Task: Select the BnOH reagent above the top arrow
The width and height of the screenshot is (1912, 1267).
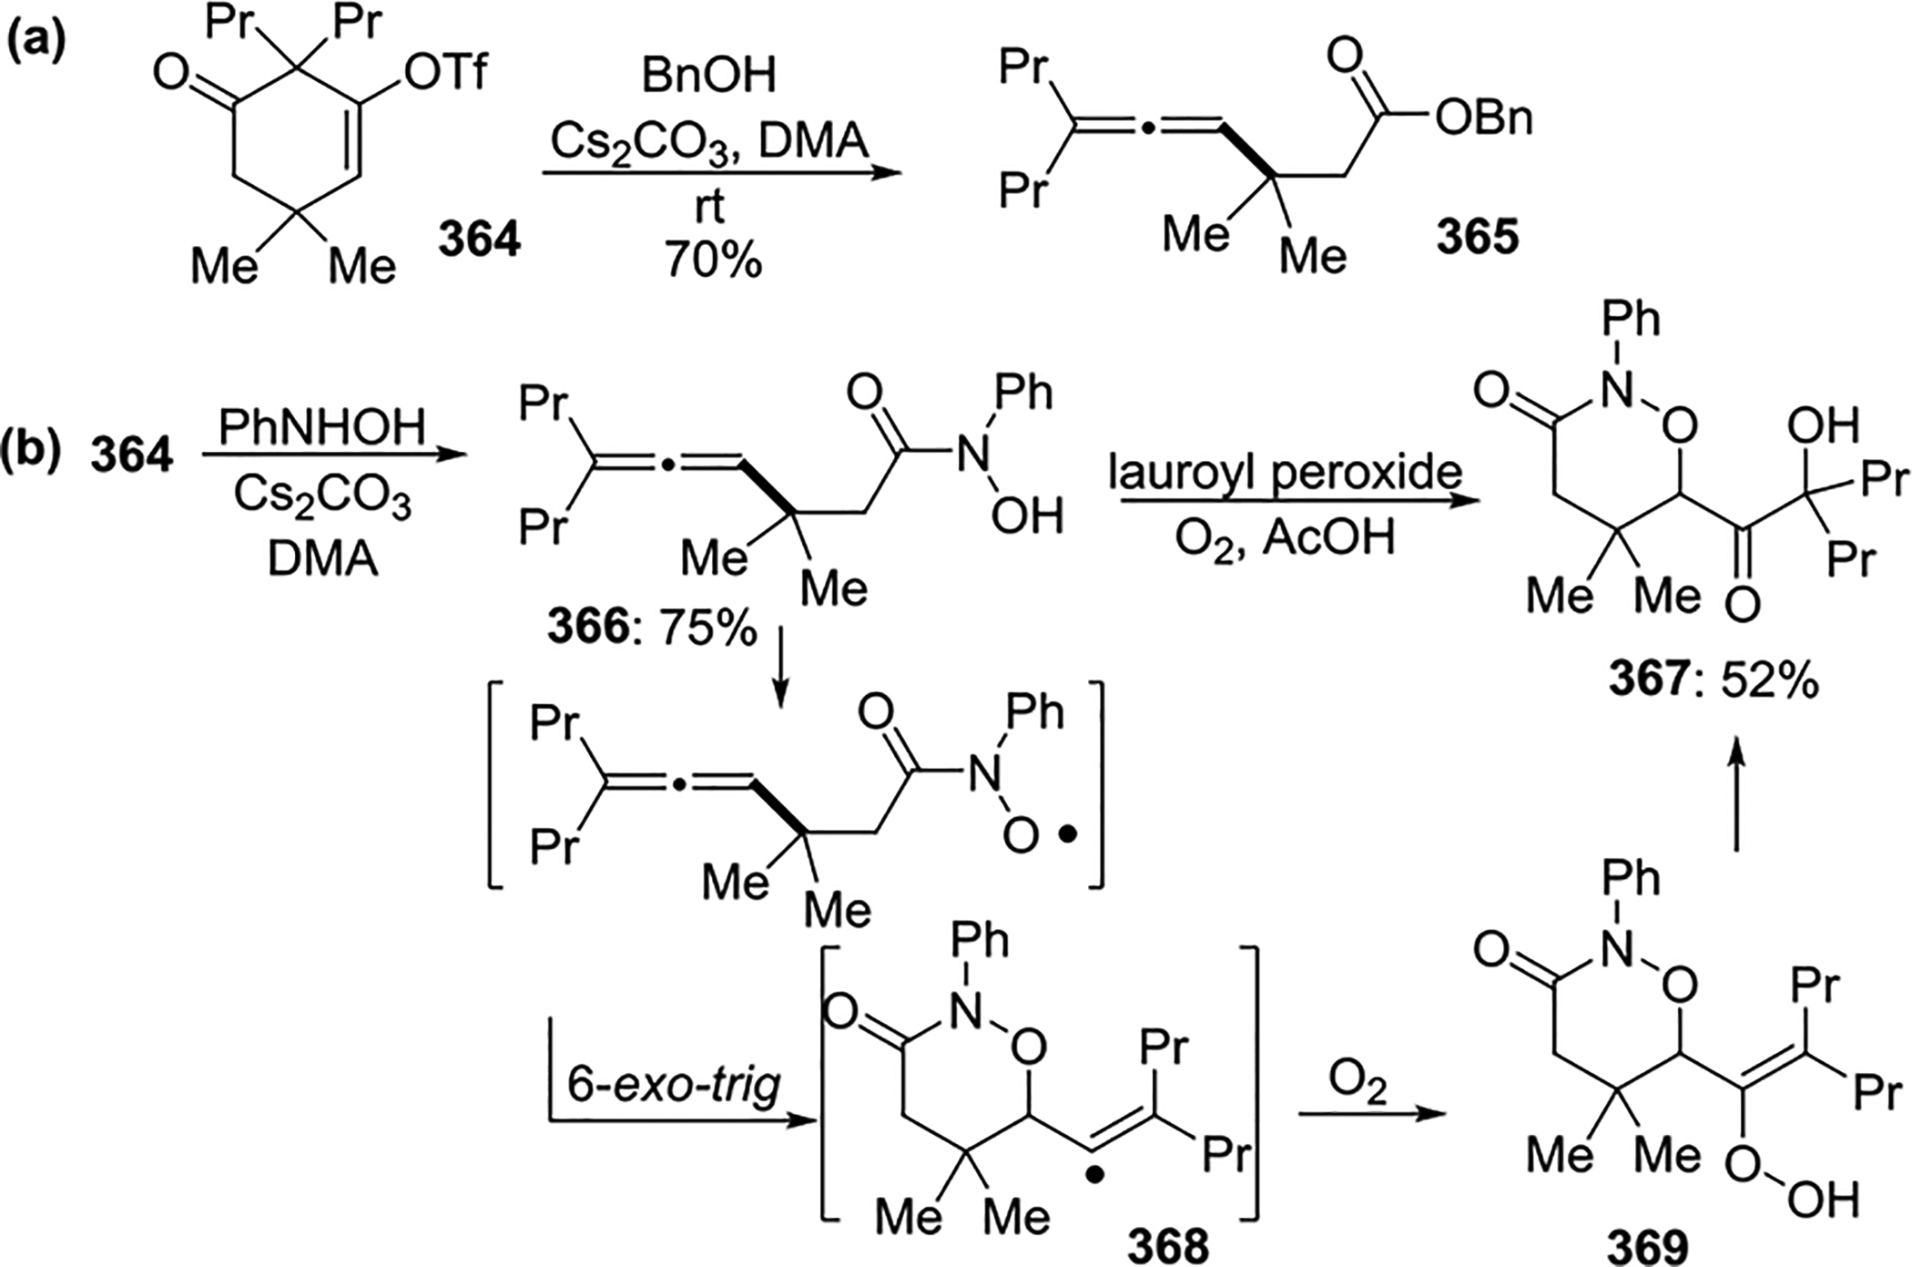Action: point(709,77)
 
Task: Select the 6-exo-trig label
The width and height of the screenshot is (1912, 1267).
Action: point(675,1085)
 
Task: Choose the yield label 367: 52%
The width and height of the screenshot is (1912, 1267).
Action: point(1712,680)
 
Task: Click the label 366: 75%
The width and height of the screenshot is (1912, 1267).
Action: point(652,628)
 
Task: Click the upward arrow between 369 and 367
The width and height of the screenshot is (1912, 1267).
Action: point(1735,792)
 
